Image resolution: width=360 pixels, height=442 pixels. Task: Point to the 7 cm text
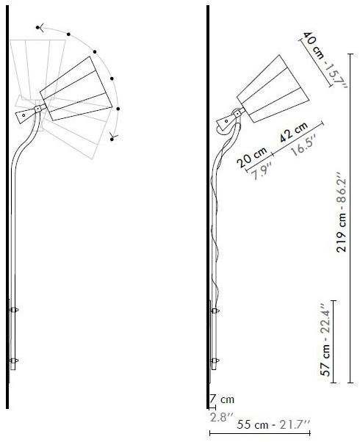[x=222, y=399]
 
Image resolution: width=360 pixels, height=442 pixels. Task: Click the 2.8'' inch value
[x=222, y=417]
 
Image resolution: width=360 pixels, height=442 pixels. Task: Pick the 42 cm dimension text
[x=293, y=132]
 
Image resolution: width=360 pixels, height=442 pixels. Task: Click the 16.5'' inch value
[x=303, y=145]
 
